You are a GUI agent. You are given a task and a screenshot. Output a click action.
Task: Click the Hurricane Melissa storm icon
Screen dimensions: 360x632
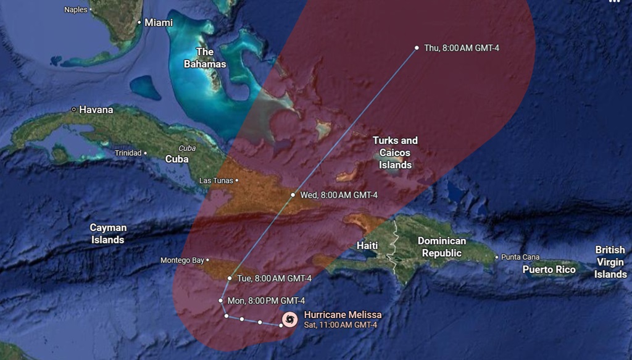pyautogui.click(x=289, y=319)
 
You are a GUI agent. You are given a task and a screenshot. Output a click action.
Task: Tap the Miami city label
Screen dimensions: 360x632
pyautogui.click(x=158, y=22)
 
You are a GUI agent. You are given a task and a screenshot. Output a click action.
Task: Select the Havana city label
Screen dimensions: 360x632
pyautogui.click(x=96, y=110)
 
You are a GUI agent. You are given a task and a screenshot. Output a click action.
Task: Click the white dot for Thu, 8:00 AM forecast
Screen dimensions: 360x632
pyautogui.click(x=417, y=48)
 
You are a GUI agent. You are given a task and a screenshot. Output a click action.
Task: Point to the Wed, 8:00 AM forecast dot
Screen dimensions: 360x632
pyautogui.click(x=293, y=195)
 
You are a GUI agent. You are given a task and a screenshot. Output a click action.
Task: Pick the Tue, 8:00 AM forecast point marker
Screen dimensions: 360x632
pyautogui.click(x=230, y=278)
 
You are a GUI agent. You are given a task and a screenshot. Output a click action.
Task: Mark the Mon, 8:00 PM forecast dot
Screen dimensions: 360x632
pyautogui.click(x=221, y=301)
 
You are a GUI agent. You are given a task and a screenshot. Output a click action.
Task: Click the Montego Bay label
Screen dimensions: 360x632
pyautogui.click(x=182, y=261)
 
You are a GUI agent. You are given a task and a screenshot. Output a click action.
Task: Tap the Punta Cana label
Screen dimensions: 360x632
pyautogui.click(x=520, y=257)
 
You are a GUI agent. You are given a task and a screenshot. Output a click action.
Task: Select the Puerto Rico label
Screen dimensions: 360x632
pyautogui.click(x=549, y=269)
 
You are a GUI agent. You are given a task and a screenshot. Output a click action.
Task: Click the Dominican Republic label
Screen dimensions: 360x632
pyautogui.click(x=442, y=247)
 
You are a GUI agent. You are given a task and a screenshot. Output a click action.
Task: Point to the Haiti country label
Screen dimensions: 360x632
pyautogui.click(x=367, y=246)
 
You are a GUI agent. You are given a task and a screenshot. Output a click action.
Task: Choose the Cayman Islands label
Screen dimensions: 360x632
pyautogui.click(x=108, y=233)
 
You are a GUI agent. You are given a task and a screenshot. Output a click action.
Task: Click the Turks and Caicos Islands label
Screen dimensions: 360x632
pyautogui.click(x=395, y=153)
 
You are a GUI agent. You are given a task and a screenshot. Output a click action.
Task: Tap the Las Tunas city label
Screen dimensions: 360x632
pyautogui.click(x=216, y=181)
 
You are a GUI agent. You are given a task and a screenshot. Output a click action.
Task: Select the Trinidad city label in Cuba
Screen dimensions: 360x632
pyautogui.click(x=128, y=153)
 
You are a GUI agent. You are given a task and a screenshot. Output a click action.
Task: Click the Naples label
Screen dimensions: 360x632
pyautogui.click(x=76, y=9)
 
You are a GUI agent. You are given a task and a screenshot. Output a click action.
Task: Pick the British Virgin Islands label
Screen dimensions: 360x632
pyautogui.click(x=610, y=262)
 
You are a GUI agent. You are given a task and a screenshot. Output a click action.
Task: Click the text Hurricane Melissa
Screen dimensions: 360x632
pyautogui.click(x=343, y=315)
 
